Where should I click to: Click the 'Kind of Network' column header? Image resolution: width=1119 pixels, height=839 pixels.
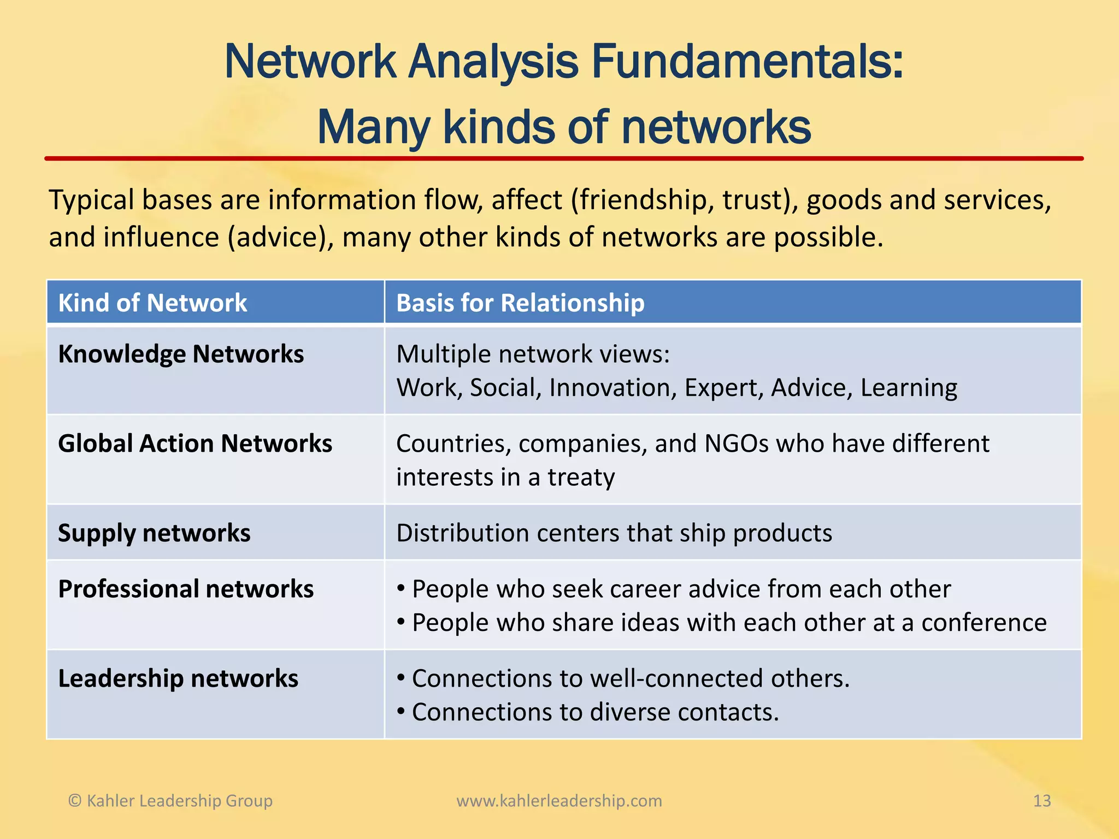(152, 303)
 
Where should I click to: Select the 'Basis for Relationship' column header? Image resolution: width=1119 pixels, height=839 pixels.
(520, 303)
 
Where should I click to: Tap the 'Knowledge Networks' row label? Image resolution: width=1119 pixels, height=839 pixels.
(181, 354)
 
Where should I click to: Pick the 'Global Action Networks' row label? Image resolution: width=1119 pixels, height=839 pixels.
(195, 444)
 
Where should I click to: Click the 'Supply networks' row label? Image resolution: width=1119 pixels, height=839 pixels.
(154, 533)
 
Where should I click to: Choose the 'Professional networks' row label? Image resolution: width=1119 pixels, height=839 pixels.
(186, 589)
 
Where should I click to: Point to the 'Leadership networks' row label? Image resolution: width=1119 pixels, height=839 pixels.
(178, 678)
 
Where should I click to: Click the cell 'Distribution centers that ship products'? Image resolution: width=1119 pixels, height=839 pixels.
(614, 533)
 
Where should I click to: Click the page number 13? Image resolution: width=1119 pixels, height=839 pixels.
(1042, 801)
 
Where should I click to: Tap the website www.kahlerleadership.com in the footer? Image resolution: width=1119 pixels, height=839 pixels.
(559, 801)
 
